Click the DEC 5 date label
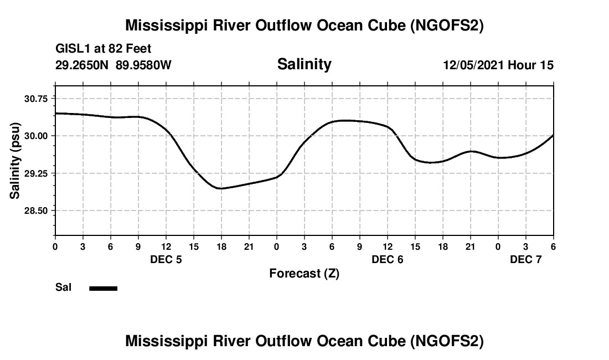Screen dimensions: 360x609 click(166, 259)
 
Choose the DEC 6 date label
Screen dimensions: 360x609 click(387, 259)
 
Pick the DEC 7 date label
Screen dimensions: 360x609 click(525, 259)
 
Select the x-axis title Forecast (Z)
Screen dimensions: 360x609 click(304, 274)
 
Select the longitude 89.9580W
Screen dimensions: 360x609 click(143, 65)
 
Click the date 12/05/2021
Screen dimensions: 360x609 click(473, 65)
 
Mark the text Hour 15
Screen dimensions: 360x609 click(531, 65)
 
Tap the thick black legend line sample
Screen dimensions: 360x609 click(104, 288)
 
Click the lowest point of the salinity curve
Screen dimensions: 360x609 click(220, 188)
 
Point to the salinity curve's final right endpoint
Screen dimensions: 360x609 click(553, 135)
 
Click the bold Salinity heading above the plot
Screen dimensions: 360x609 click(304, 64)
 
